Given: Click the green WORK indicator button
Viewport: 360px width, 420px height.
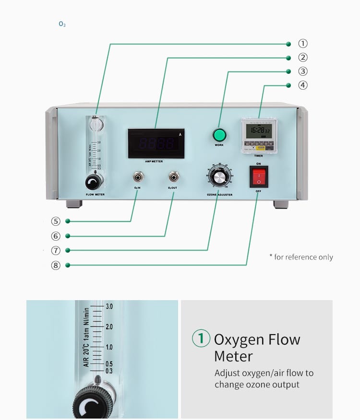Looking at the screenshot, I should tap(219, 135).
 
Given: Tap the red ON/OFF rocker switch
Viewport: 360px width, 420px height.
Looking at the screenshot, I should tap(258, 177).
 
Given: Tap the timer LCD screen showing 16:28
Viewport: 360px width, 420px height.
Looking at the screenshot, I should tap(258, 130).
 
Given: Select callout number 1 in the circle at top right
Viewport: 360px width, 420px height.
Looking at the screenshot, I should tap(303, 44).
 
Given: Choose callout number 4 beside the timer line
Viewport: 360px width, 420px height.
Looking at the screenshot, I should tap(303, 85).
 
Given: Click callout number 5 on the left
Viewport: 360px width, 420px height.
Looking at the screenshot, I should tap(56, 222).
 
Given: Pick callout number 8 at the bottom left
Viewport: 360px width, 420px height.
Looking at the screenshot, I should tap(56, 265).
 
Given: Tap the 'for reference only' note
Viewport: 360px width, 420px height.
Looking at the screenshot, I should tap(301, 257).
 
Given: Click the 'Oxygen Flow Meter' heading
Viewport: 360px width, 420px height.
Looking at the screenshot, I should tap(256, 348).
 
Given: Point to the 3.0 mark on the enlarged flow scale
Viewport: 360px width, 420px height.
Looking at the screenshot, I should tap(109, 306).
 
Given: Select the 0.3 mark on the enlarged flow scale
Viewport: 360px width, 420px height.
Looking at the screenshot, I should tap(109, 371).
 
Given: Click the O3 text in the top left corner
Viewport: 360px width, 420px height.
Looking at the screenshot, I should tap(62, 24).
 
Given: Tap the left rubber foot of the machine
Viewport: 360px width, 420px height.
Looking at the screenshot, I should tap(74, 204).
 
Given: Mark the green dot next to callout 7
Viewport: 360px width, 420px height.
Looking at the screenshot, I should tap(68, 250).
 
